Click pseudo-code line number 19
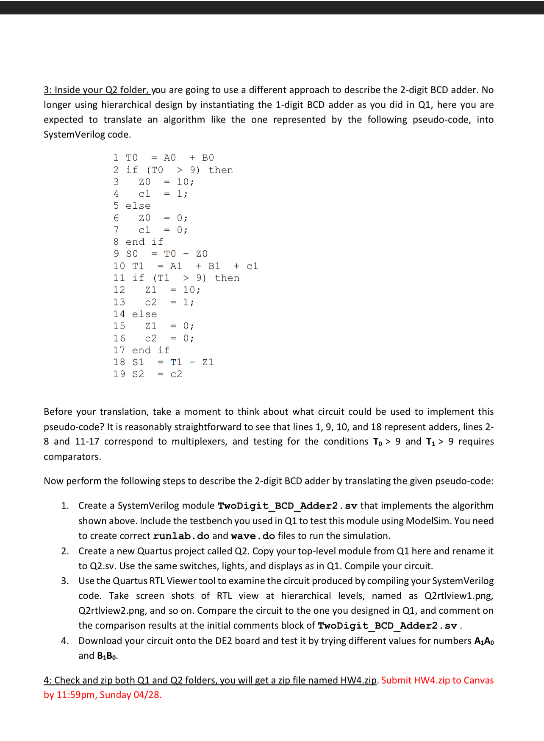coord(119,374)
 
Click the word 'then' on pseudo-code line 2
coord(221,170)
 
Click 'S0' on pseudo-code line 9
coord(132,254)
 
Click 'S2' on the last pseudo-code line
coord(138,374)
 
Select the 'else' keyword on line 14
coord(144,314)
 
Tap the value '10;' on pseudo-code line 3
coord(185,182)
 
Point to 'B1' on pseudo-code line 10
coord(214,266)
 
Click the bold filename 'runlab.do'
coord(181,536)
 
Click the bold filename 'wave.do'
coord(253,536)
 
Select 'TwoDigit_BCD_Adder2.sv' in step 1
coord(287,506)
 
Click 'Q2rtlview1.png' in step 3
coord(458,596)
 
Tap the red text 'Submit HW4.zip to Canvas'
coord(437,680)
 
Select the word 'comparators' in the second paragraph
coord(72,457)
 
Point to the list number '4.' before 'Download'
coord(65,641)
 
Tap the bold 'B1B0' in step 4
coord(106,656)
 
